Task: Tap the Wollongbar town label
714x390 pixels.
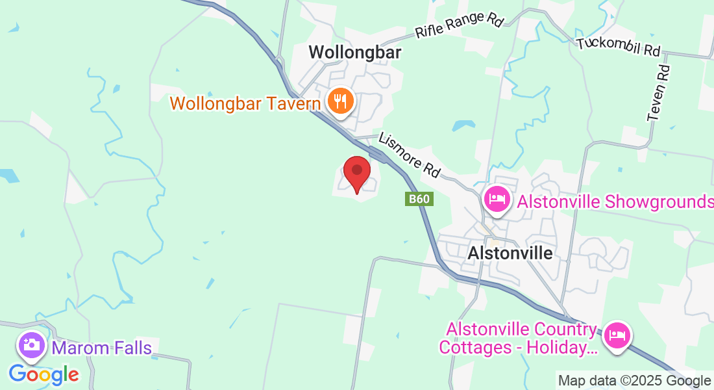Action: pos(354,52)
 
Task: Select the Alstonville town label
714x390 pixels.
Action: pos(510,253)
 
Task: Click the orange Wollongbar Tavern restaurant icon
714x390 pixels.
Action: pos(340,101)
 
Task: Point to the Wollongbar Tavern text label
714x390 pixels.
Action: pos(245,103)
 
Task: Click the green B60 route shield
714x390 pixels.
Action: pos(419,199)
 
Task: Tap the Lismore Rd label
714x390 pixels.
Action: pos(410,155)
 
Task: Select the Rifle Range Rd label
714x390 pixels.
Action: pos(460,25)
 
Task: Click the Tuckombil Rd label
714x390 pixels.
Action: pos(619,46)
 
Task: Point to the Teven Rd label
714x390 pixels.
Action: pos(658,92)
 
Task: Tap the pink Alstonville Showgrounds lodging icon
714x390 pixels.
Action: pos(497,198)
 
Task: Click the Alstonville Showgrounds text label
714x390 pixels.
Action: pos(615,201)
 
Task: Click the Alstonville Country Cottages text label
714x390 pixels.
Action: pos(518,339)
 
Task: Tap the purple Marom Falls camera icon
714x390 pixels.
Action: pos(31,344)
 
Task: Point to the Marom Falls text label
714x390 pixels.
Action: pos(102,348)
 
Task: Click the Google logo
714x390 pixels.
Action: pos(43,374)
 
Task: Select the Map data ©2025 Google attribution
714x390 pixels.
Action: pos(634,381)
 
